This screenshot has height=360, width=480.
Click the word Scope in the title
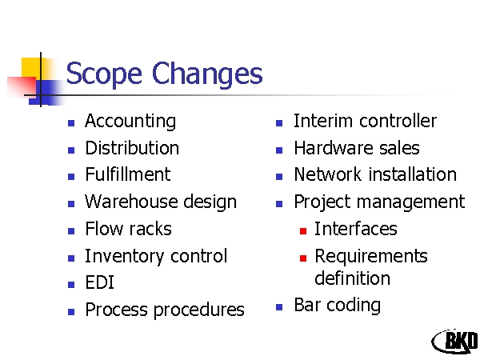point(104,74)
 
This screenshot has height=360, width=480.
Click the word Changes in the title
point(207,74)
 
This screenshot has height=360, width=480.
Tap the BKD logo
point(455,342)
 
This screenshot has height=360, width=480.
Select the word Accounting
point(130,122)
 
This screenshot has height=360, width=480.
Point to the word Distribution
point(132,148)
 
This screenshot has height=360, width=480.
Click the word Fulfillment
point(128,174)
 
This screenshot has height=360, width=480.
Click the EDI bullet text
point(100,282)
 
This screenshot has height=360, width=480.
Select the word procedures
point(199,310)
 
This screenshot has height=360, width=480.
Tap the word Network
point(327,174)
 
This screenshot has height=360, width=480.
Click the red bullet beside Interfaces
point(303,231)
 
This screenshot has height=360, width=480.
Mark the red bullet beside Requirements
point(303,258)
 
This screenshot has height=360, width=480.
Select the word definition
point(352,278)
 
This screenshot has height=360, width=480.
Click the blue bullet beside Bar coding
point(279,306)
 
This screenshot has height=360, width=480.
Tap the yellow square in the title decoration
point(30,67)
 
